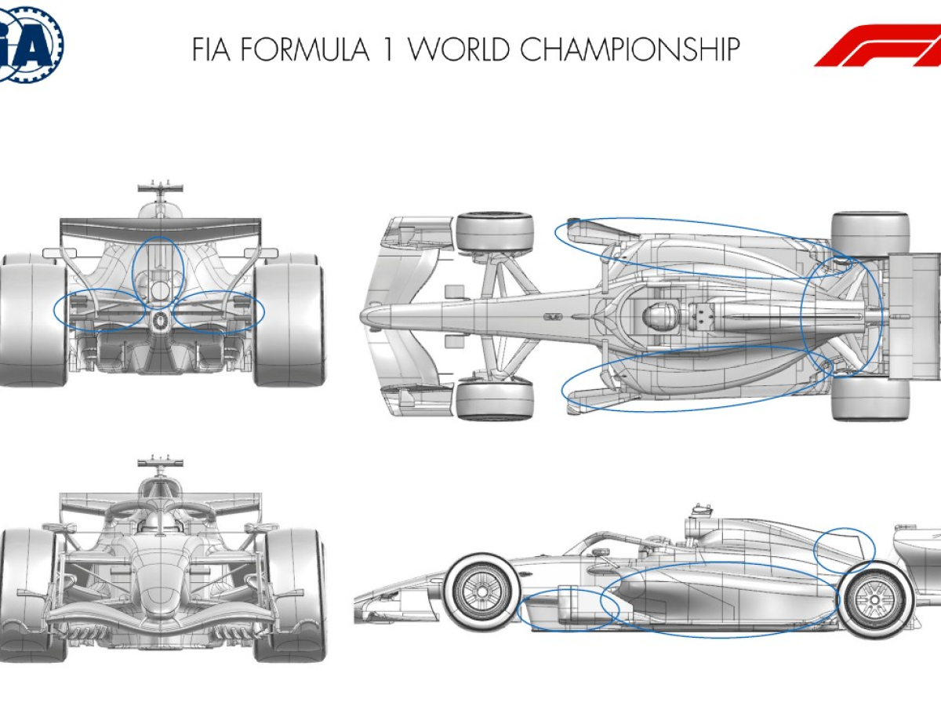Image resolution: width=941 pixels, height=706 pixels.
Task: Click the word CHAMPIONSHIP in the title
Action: point(630,49)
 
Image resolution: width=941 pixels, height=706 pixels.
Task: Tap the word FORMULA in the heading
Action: point(304,49)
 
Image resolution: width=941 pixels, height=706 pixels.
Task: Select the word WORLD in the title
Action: point(460,49)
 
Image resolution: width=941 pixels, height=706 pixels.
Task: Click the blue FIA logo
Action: point(30,44)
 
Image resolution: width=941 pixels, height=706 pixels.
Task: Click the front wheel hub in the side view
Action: point(481,592)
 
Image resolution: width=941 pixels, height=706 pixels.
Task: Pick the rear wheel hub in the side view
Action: point(874,599)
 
